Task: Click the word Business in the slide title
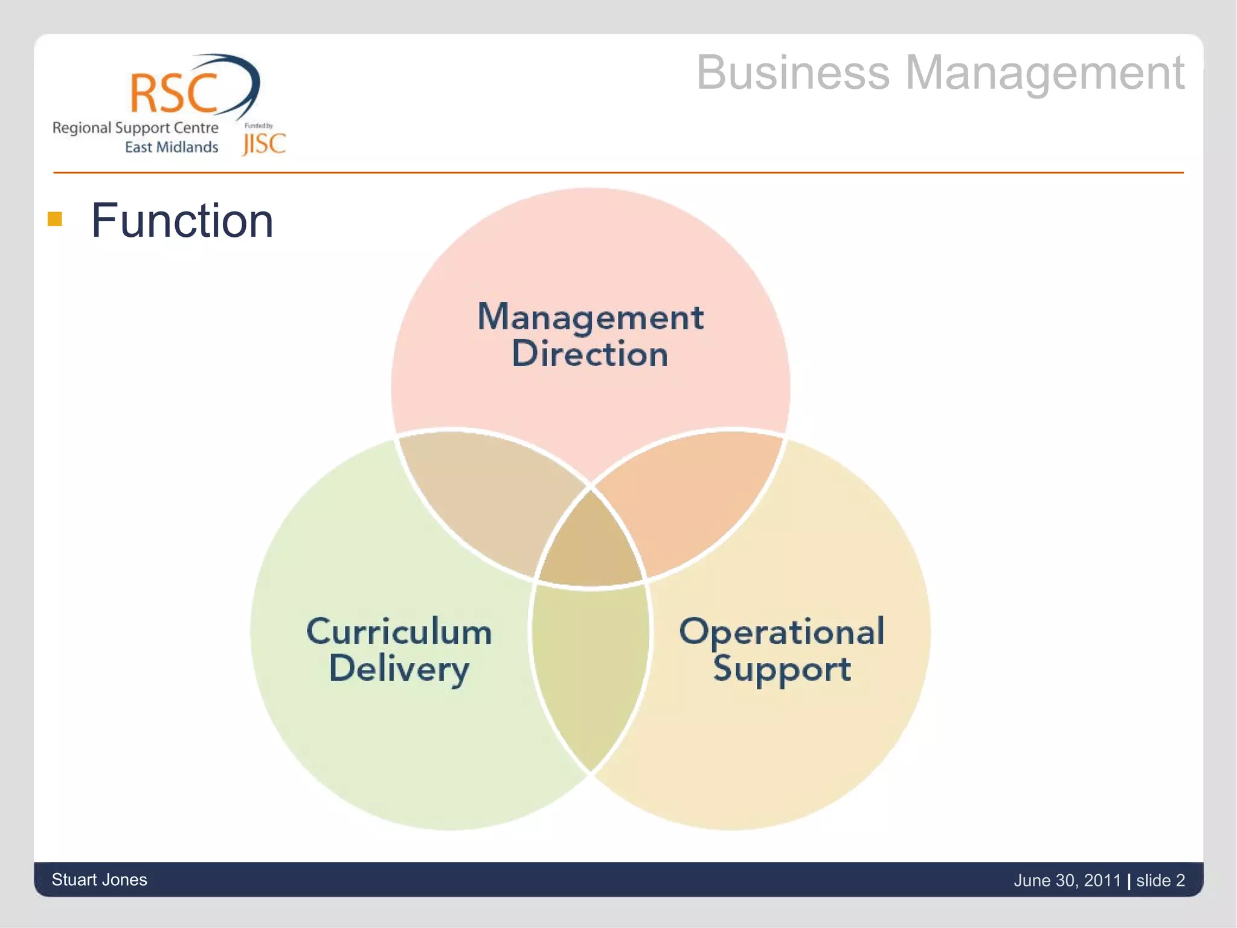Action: tap(792, 73)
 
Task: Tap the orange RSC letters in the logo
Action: tap(173, 93)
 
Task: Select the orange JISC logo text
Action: tap(264, 144)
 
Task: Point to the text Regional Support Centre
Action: tap(135, 128)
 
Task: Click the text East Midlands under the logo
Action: tap(171, 147)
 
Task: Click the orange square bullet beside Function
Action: tap(55, 219)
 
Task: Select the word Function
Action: tap(182, 221)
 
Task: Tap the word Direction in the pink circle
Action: tap(590, 354)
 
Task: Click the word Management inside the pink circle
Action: tap(590, 317)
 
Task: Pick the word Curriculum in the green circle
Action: tap(399, 632)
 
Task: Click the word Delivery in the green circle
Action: tap(399, 669)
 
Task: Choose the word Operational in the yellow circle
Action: tap(782, 632)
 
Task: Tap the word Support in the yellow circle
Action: tap(782, 669)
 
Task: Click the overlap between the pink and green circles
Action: tap(483, 495)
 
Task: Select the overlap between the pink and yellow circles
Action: tap(695, 495)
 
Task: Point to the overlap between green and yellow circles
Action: tap(590, 671)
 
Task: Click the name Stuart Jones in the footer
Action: tap(100, 880)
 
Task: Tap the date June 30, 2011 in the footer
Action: tap(1067, 881)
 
